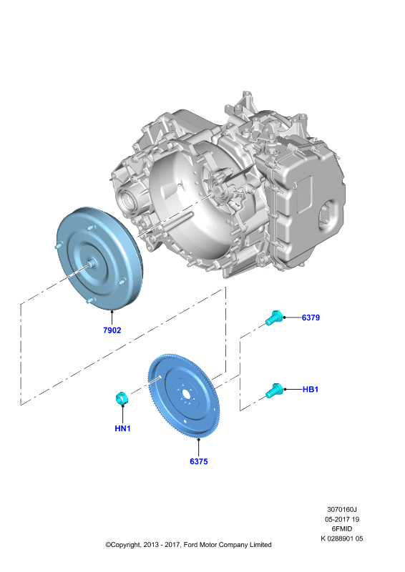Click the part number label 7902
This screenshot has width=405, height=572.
(x=112, y=330)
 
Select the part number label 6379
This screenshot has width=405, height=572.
(x=311, y=317)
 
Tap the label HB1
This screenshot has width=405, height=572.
(x=311, y=389)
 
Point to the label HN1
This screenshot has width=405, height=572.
(x=122, y=428)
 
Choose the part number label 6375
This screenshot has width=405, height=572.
(x=199, y=461)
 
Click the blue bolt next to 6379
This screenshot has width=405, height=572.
(x=273, y=318)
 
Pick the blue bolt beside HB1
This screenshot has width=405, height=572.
(x=273, y=390)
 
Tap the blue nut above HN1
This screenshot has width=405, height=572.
(x=121, y=398)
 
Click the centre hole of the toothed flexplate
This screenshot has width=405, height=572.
(x=185, y=395)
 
